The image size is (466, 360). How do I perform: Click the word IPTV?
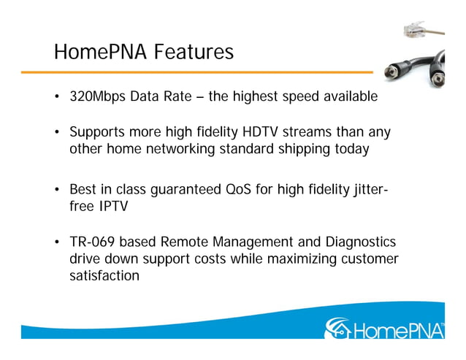click(112, 206)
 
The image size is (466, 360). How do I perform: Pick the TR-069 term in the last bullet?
click(92, 242)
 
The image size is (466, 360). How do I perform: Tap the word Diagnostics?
click(349, 242)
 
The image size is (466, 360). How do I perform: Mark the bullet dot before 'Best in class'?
click(57, 191)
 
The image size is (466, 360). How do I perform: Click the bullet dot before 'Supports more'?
click(57, 133)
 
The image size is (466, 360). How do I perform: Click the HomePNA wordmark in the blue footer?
click(398, 329)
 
